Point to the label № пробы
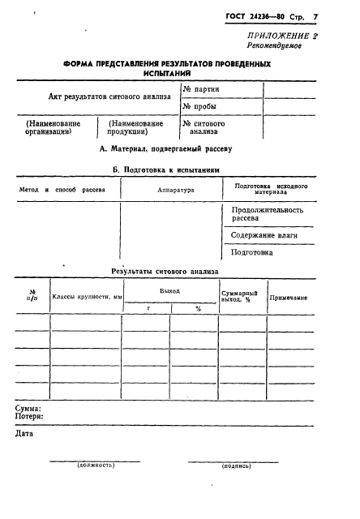click(200, 106)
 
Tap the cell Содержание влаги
click(264, 234)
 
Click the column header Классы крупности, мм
click(87, 297)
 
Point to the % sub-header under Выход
click(197, 308)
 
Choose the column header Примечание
click(288, 298)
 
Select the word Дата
click(25, 433)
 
